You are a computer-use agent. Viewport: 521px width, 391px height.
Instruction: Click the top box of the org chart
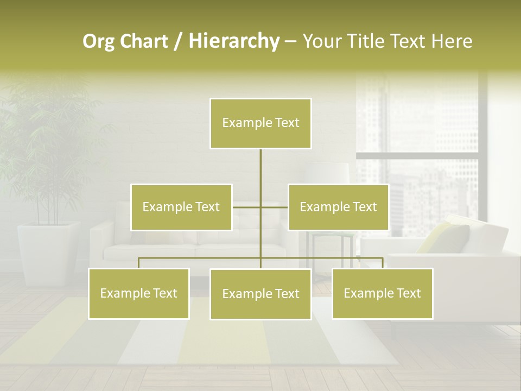coord(260,123)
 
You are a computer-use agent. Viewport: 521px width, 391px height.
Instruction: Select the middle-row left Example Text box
coord(181,207)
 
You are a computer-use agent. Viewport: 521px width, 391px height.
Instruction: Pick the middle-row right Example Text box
coord(338,207)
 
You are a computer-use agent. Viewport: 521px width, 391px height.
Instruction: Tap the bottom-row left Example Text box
coord(139,293)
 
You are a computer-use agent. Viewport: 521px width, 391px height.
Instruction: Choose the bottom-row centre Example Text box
coord(260,294)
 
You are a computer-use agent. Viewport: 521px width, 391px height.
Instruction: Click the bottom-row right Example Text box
coord(382,293)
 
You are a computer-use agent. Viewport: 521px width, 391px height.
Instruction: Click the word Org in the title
coord(98,41)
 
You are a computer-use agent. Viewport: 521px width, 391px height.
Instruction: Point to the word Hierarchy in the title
coord(233,41)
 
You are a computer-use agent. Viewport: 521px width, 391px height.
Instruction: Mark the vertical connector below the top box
coord(260,168)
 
